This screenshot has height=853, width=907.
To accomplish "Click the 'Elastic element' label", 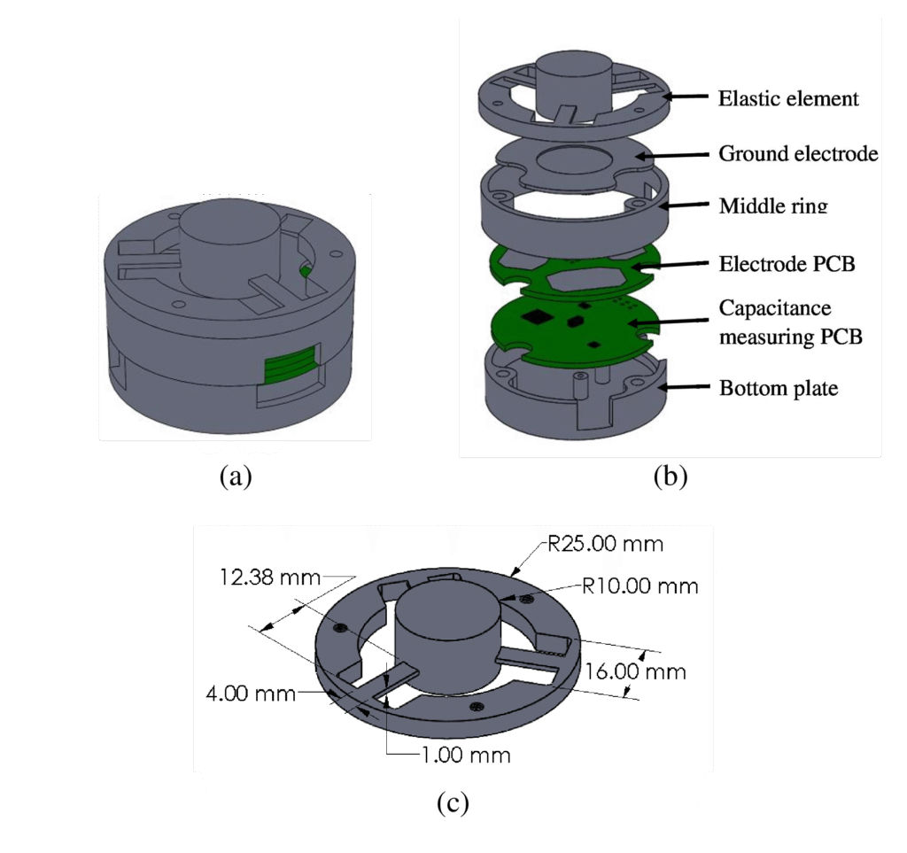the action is click(787, 98).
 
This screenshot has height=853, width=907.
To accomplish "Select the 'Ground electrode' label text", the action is click(798, 153).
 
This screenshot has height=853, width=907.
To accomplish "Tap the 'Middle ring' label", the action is click(773, 205).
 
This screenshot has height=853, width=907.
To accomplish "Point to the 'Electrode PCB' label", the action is click(787, 264).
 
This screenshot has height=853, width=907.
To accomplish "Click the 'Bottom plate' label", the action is click(779, 387).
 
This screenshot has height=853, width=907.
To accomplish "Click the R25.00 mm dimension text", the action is click(605, 544).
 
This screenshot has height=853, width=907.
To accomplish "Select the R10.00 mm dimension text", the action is click(640, 586).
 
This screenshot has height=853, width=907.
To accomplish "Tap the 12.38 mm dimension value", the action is click(269, 578).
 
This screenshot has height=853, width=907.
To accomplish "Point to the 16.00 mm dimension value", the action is click(635, 671).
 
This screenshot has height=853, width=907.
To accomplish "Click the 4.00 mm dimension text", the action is click(251, 693).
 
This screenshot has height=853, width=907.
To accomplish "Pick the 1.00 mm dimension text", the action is click(466, 756).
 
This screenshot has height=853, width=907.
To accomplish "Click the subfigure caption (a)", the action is click(236, 477).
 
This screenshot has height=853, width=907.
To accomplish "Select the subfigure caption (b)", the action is click(671, 477).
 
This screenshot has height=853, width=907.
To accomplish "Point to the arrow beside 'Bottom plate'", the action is click(686, 387).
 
